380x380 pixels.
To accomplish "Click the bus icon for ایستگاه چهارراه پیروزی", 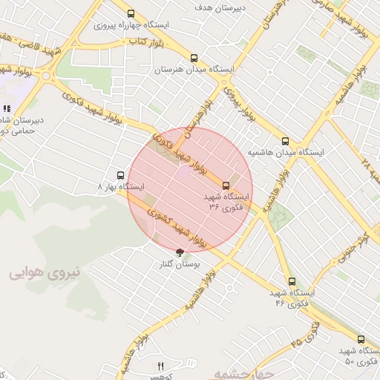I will [131, 13].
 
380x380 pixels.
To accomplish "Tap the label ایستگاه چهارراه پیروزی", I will [132, 24].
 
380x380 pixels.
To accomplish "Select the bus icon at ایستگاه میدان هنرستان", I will [194, 58].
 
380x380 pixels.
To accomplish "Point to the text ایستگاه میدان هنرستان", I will [194, 69].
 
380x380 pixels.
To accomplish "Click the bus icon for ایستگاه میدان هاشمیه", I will [285, 141].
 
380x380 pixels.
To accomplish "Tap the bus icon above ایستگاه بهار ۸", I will [121, 176].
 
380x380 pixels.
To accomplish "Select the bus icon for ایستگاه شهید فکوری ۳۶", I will [226, 186].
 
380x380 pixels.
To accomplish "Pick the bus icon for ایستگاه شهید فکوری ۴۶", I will [291, 282].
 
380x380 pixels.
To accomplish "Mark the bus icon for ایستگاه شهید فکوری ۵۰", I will [360, 339].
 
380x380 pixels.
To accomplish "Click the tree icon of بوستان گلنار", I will [179, 252].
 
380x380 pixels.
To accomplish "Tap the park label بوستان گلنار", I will [179, 264].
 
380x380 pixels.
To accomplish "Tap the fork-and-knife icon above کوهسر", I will [160, 366].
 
